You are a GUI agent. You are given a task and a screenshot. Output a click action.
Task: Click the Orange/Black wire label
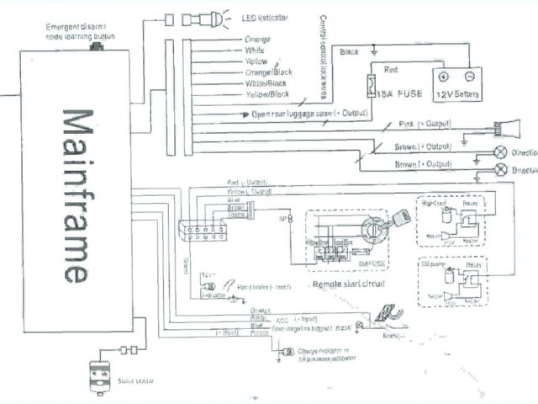(x=262, y=72)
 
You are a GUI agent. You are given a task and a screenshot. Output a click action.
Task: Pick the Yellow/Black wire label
(x=262, y=95)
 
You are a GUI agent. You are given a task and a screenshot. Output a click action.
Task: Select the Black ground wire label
(x=348, y=53)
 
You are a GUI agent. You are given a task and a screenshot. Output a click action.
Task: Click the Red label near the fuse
(x=391, y=69)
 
